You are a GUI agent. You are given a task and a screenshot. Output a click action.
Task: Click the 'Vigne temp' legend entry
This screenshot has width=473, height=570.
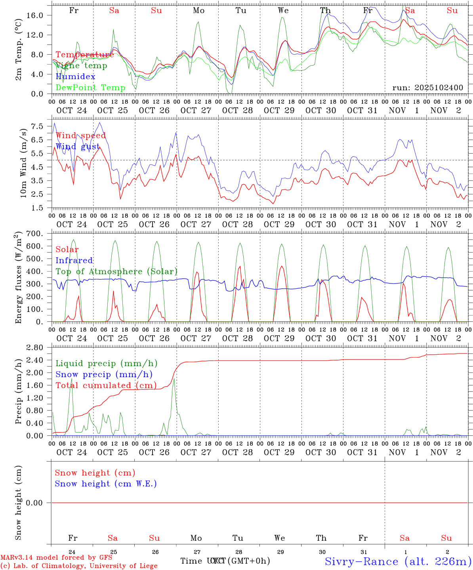pyautogui.click(x=81, y=66)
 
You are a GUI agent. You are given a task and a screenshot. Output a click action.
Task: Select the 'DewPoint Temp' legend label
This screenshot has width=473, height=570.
pyautogui.click(x=90, y=87)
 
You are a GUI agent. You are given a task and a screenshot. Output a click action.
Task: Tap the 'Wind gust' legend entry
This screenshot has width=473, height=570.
pyautogui.click(x=78, y=146)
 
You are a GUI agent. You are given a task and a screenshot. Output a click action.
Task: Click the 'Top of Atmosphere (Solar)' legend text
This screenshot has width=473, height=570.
pyautogui.click(x=116, y=272)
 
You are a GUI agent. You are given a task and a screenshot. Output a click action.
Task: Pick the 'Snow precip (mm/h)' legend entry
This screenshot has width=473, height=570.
pyautogui.click(x=104, y=374)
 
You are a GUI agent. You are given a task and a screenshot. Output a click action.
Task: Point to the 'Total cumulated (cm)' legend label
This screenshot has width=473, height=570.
pyautogui.click(x=106, y=385)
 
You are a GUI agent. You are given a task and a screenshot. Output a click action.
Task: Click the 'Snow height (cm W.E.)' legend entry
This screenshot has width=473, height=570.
pyautogui.click(x=106, y=484)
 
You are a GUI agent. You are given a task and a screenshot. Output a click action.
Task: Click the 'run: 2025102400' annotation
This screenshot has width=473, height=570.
pyautogui.click(x=427, y=87)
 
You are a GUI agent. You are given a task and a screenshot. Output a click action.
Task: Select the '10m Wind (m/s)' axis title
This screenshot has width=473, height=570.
pyautogui.click(x=23, y=162)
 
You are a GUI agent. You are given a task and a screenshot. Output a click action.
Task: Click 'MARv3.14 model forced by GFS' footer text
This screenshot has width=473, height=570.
pyautogui.click(x=56, y=558)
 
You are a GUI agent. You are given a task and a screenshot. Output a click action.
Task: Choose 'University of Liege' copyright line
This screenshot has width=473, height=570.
pyautogui.click(x=79, y=566)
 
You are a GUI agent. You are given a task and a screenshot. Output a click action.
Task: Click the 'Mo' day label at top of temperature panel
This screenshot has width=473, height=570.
pyautogui.click(x=198, y=11)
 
